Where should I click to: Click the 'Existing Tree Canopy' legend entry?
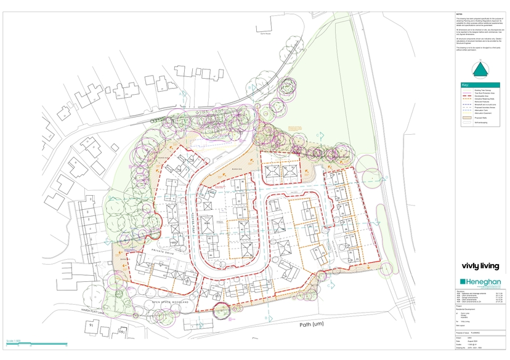point(479,90)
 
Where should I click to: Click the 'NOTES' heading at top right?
point(459,13)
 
